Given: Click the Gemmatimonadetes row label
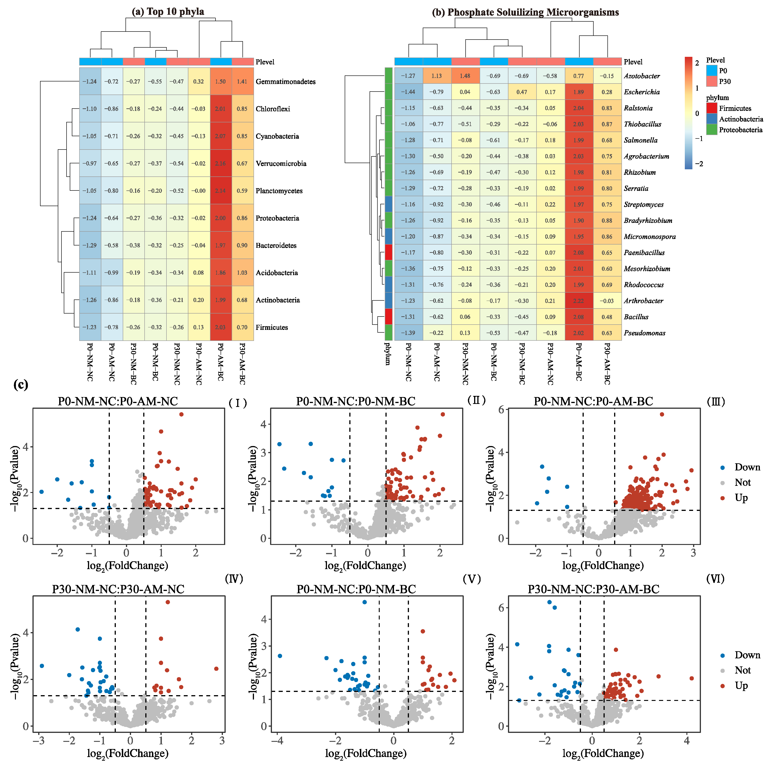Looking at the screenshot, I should pyautogui.click(x=285, y=82).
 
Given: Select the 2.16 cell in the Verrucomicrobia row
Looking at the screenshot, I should pyautogui.click(x=220, y=164).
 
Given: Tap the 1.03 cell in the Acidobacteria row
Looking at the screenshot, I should pyautogui.click(x=242, y=273).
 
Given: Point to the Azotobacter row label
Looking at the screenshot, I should pyautogui.click(x=642, y=76).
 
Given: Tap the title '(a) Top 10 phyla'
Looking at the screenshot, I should pyautogui.click(x=168, y=12).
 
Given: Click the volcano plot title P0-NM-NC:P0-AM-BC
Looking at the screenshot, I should pyautogui.click(x=593, y=401).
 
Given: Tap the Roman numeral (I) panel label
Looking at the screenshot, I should pyautogui.click(x=238, y=403).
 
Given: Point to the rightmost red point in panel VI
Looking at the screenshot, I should pyautogui.click(x=691, y=678).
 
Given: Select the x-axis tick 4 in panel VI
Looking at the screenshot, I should pyautogui.click(x=686, y=740).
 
